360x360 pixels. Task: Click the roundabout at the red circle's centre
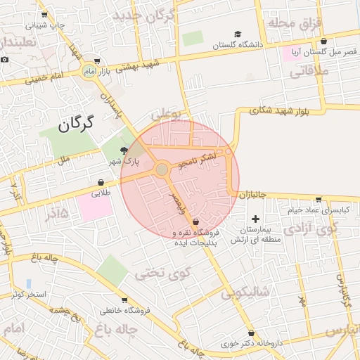coord(162,169)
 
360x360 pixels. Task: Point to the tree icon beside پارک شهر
coord(124,150)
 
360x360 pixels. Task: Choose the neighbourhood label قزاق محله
coord(293,23)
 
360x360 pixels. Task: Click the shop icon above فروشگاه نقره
coord(195,221)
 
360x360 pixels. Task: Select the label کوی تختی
coord(160,273)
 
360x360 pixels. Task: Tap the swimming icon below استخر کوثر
coord(48,307)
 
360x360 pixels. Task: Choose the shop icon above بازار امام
coord(96,61)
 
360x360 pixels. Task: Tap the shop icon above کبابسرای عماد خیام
coord(319,200)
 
